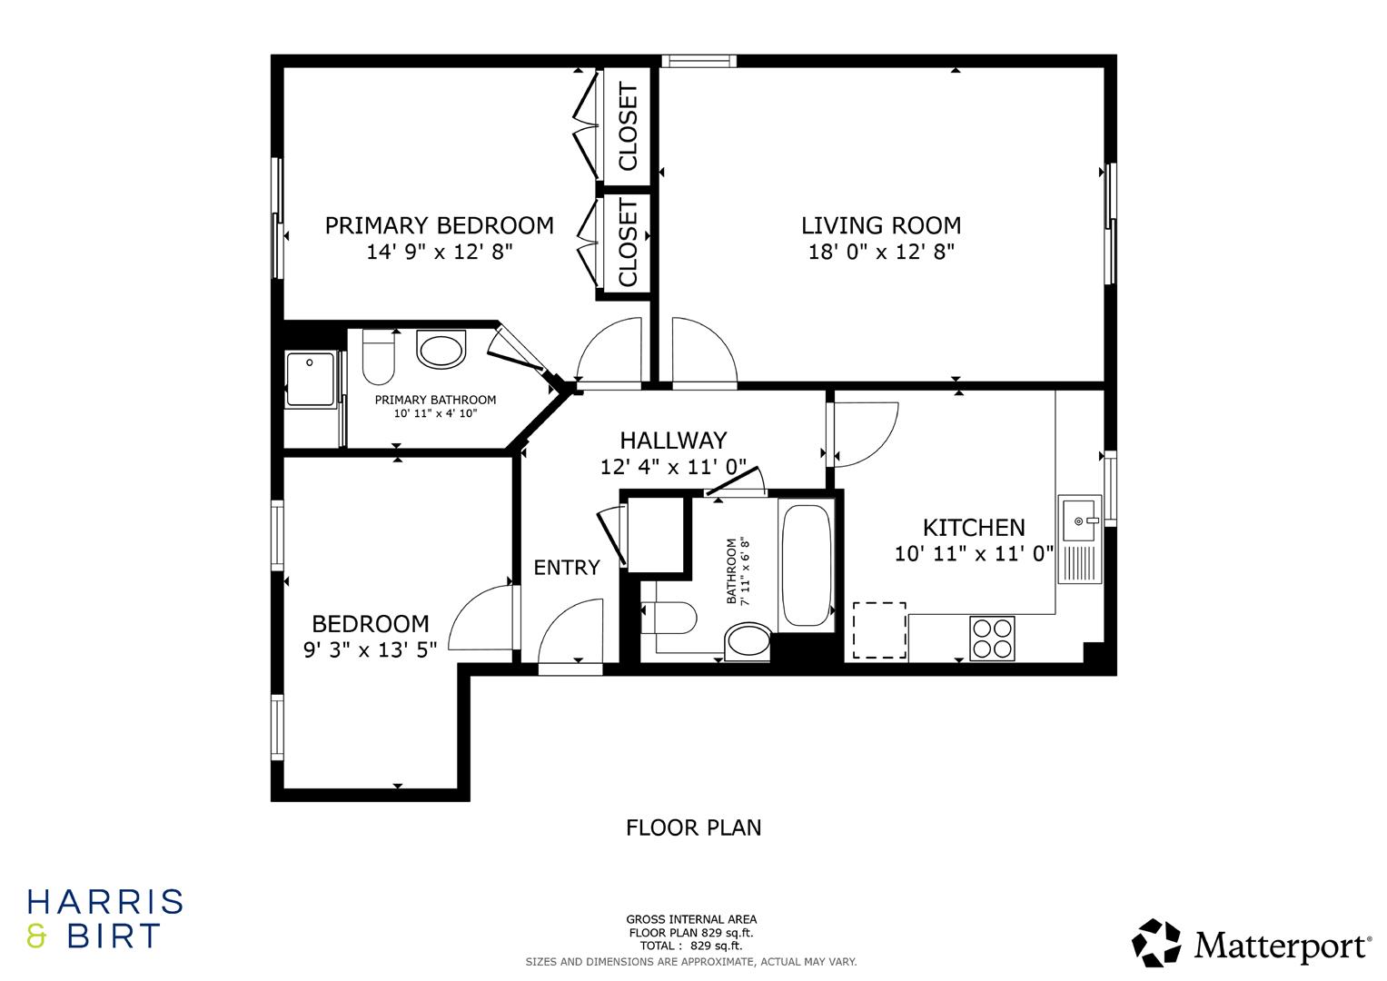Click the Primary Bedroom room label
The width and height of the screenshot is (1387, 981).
tap(439, 225)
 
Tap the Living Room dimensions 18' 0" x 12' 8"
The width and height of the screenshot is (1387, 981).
tap(880, 253)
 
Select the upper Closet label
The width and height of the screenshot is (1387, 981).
tap(628, 126)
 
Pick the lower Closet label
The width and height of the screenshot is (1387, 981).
tap(628, 243)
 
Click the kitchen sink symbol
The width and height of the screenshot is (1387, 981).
tap(1079, 521)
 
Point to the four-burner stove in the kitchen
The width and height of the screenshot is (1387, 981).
tap(992, 638)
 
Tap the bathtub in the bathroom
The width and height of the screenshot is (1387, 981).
tap(806, 565)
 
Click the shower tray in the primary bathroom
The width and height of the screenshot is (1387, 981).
tap(312, 380)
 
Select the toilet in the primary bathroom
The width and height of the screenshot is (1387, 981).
tap(378, 358)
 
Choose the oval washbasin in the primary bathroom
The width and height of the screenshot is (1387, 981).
tap(441, 349)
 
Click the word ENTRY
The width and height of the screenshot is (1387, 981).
tap(567, 568)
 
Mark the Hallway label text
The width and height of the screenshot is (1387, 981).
tap(673, 441)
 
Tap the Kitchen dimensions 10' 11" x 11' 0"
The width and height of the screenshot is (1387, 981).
tap(974, 554)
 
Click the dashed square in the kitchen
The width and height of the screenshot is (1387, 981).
tap(878, 629)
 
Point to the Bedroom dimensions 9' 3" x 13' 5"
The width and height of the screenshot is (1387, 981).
tap(370, 649)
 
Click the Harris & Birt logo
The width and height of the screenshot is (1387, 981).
tap(105, 918)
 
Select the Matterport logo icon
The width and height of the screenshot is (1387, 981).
tap(1155, 943)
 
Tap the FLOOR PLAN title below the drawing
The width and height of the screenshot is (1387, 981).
tap(693, 827)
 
